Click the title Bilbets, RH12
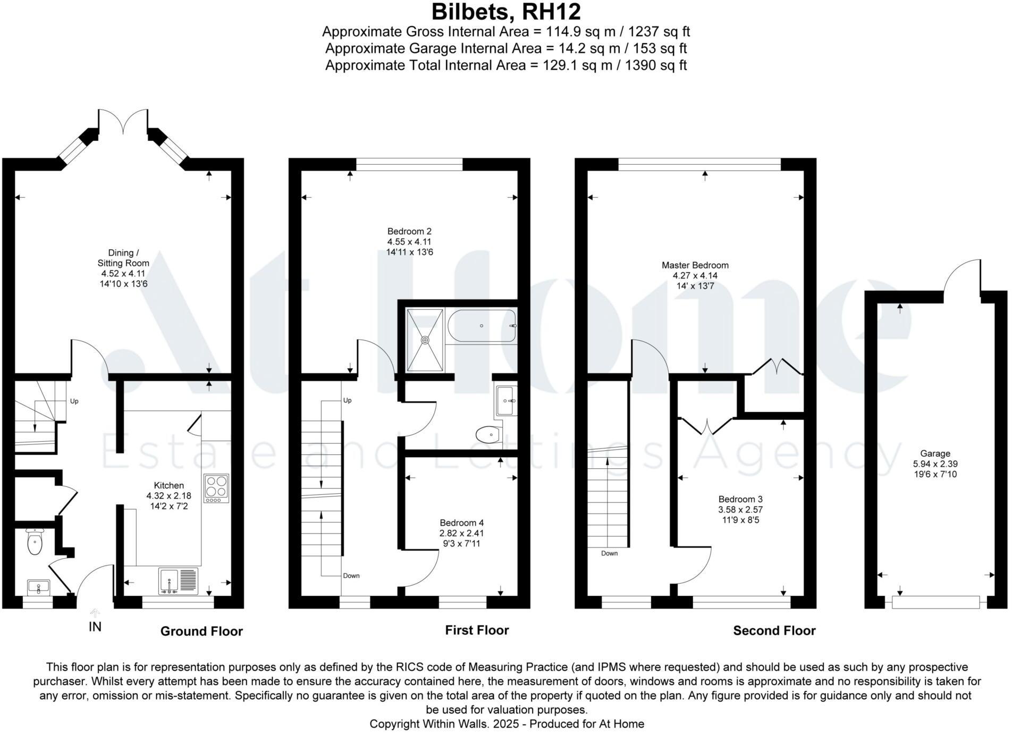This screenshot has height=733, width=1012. [505, 12]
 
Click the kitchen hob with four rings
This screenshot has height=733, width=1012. [216, 488]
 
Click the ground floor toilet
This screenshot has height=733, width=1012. [35, 542]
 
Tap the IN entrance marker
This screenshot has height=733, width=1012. [95, 627]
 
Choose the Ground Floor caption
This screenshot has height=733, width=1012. [201, 631]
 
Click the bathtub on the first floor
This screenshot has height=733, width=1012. [482, 326]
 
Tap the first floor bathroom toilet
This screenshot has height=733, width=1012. [488, 435]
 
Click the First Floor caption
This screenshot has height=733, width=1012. [477, 630]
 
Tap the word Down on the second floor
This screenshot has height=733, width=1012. [609, 553]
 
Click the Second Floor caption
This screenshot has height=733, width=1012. [774, 630]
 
